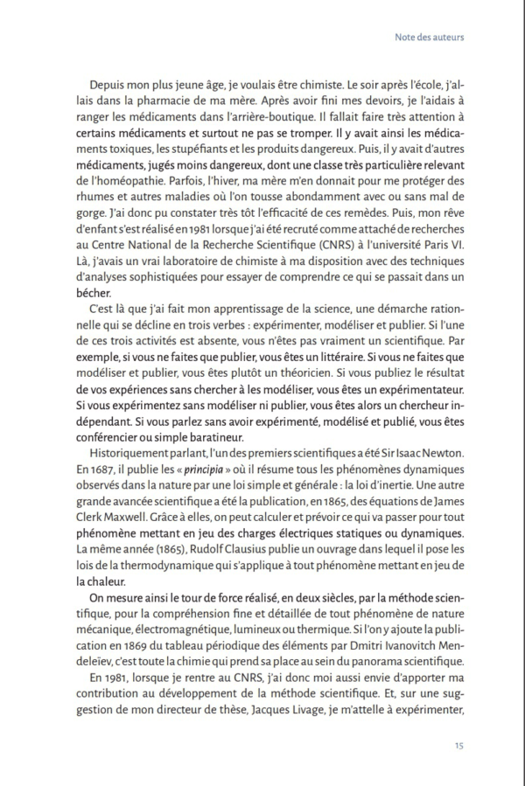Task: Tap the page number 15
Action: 458,745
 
